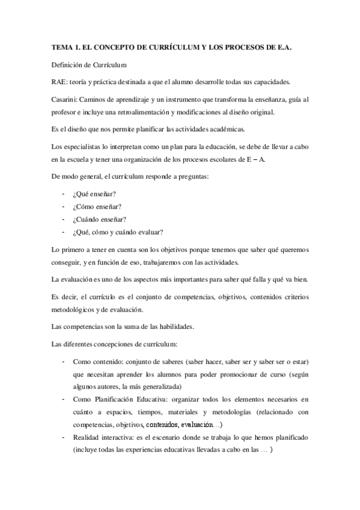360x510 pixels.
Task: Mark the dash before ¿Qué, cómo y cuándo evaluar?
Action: [64, 232]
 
